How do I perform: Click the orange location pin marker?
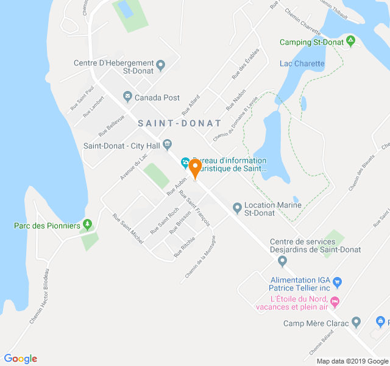[195, 168]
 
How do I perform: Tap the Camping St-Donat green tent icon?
[350, 41]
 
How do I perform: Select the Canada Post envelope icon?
[127, 96]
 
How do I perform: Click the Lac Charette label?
[302, 63]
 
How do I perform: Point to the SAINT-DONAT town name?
[180, 123]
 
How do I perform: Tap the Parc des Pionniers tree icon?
[88, 225]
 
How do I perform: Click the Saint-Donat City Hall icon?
[168, 145]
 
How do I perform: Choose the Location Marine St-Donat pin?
[237, 209]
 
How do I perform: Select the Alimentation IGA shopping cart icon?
[338, 282]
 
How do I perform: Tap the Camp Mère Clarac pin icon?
[356, 322]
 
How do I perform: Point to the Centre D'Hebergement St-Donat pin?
[161, 64]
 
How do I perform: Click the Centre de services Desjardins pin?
[282, 261]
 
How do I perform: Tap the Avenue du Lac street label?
[134, 165]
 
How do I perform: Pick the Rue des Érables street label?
[241, 68]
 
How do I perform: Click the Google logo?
[20, 359]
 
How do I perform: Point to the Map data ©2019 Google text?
[352, 361]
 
